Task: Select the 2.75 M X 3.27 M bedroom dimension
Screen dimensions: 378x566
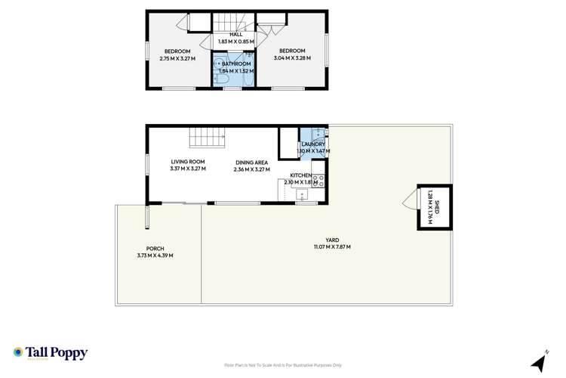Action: coord(177,58)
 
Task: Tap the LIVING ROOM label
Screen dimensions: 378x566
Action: coord(188,161)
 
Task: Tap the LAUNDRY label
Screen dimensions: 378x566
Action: coord(313,144)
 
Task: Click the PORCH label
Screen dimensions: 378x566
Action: coord(155,249)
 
